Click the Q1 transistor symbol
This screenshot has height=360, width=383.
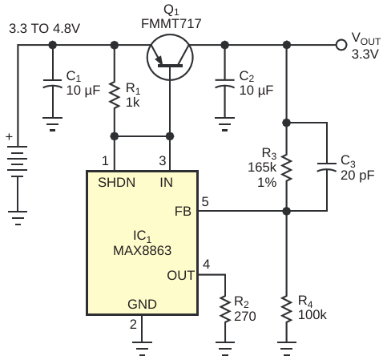tap(170, 57)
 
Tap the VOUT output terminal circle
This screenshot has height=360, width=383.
tap(341, 45)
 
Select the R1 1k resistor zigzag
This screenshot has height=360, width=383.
tap(115, 95)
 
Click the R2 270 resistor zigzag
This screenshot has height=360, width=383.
tap(225, 309)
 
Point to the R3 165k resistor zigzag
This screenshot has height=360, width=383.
tap(287, 168)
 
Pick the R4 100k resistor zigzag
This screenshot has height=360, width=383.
tap(287, 309)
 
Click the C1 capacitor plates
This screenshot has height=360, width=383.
tap(53, 83)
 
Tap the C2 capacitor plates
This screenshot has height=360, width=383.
tap(225, 83)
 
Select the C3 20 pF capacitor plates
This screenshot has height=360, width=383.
tap(327, 167)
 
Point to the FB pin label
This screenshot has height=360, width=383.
tap(183, 212)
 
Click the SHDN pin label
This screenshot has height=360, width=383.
tap(116, 183)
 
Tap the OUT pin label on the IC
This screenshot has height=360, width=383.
tap(180, 275)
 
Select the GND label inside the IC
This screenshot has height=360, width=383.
tap(142, 304)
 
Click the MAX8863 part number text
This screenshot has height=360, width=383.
tap(142, 251)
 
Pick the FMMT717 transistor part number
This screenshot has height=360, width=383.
tap(171, 24)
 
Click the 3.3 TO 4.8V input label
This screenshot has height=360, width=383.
tap(44, 28)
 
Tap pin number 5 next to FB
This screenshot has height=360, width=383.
tap(205, 201)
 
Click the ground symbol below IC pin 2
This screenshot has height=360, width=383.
tap(142, 349)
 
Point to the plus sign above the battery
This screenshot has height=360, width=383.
tap(10, 136)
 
